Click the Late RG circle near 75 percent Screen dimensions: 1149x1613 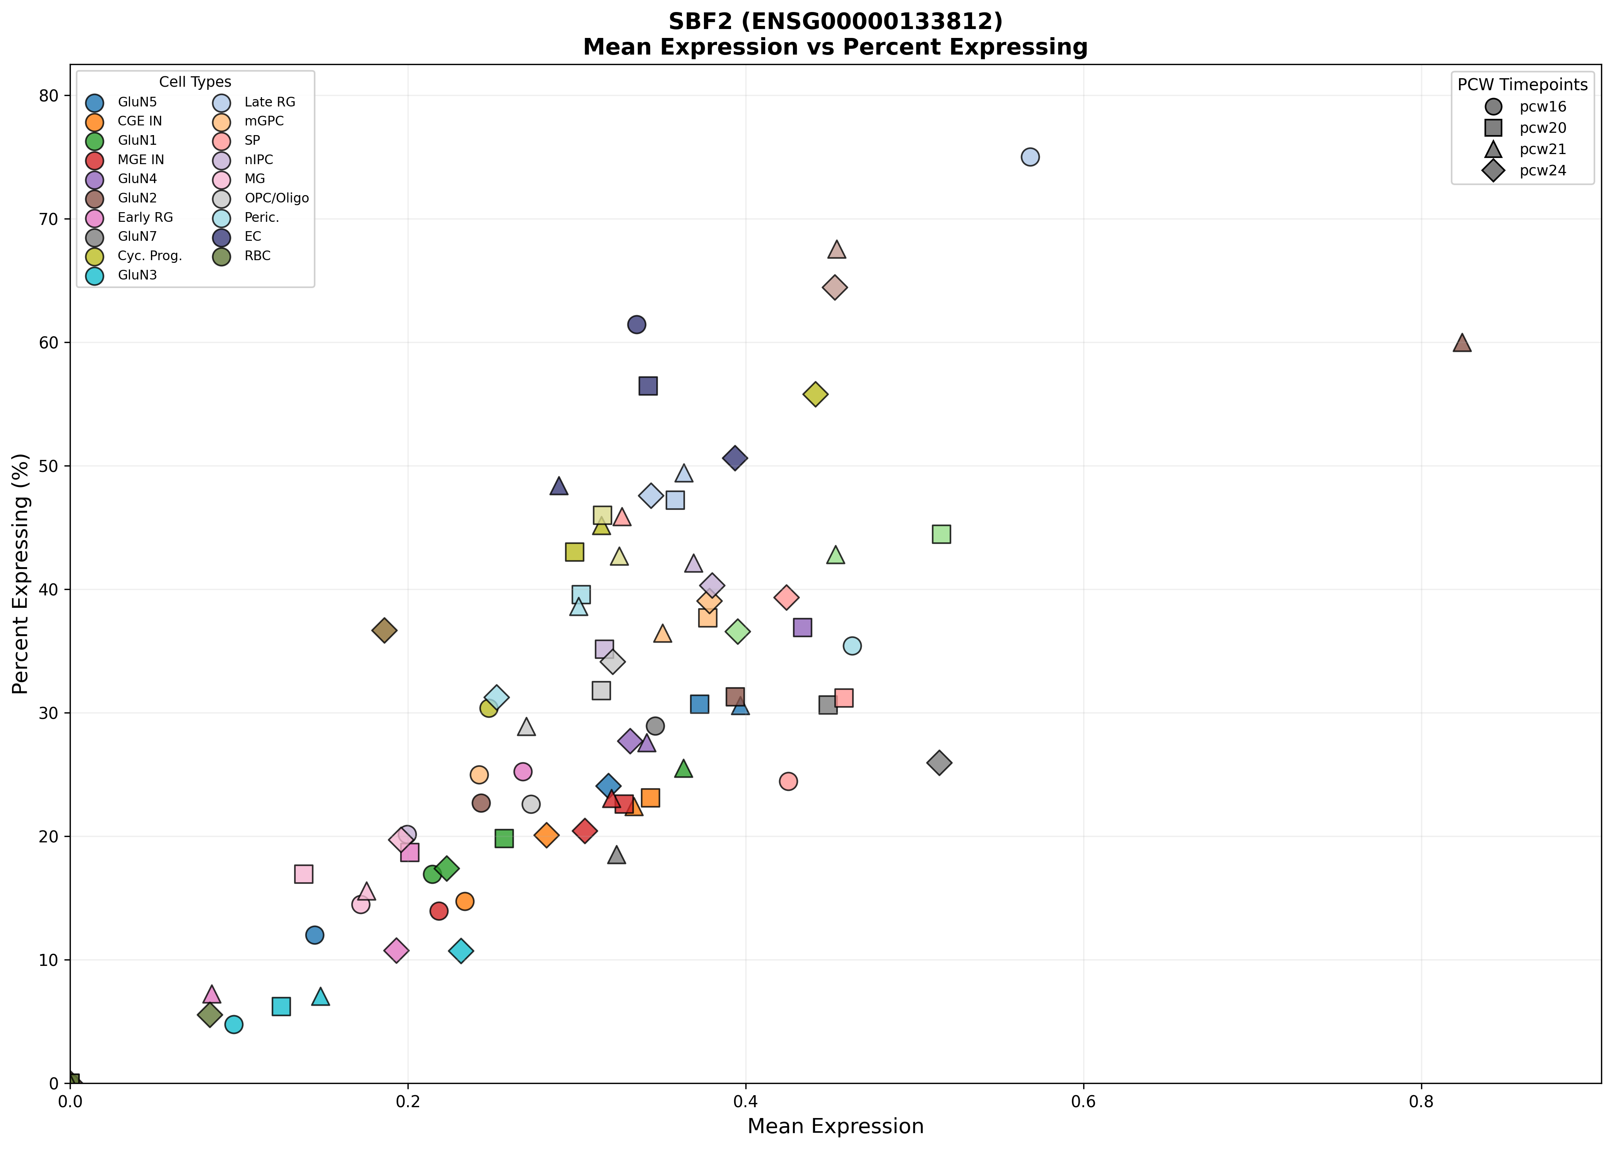pos(1030,157)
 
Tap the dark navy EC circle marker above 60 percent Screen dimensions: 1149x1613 pos(637,325)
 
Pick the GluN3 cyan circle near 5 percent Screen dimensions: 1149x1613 pos(234,1024)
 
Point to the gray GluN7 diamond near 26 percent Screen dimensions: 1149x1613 pos(939,763)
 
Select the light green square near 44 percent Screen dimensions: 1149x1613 pos(941,534)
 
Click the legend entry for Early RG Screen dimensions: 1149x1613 pos(145,217)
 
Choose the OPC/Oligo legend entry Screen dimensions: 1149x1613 pos(276,198)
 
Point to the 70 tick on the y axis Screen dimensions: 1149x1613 pos(51,220)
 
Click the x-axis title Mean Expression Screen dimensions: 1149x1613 pos(835,1126)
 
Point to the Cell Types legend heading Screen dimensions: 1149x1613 pos(195,82)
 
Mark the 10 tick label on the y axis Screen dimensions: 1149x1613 pos(51,960)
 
